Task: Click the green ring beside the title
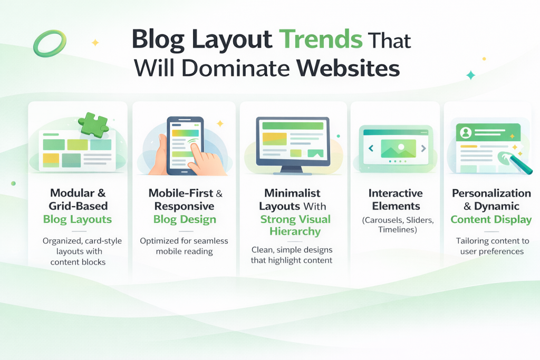point(50,43)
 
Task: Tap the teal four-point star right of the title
point(470,75)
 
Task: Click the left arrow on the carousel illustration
point(370,149)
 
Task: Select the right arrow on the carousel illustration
point(423,149)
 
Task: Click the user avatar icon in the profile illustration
point(466,132)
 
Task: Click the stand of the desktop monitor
point(292,169)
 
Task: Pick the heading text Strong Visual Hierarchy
point(295,225)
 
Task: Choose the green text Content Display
point(491,219)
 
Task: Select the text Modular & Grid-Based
point(78,199)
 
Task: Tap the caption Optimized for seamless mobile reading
point(184,246)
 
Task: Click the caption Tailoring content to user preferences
point(492,246)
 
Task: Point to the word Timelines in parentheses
point(396,230)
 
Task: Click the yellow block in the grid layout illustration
point(51,158)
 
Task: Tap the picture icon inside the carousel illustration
point(397,148)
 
